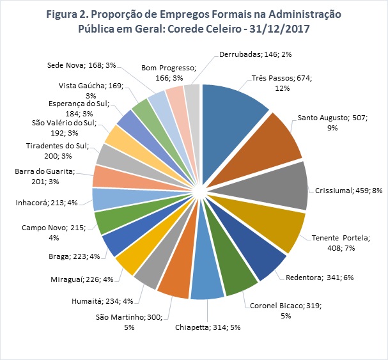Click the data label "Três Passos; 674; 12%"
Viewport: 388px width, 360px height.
pos(277,82)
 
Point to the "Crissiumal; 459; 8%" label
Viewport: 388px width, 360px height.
pos(349,190)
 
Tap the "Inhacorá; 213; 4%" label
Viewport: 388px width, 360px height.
pos(47,203)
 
